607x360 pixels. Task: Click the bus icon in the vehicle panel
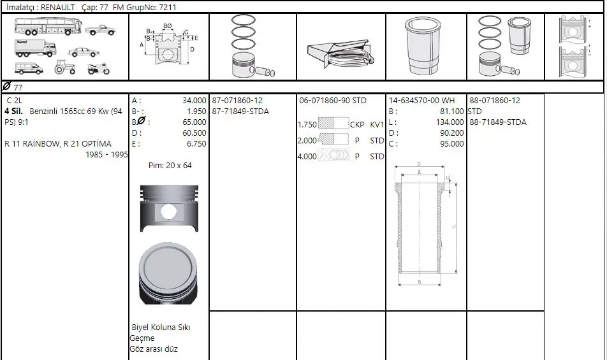click(x=48, y=27)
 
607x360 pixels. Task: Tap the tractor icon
click(x=64, y=68)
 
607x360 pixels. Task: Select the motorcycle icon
click(x=99, y=69)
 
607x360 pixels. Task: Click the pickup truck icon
click(x=100, y=30)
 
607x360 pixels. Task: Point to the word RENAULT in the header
click(x=57, y=7)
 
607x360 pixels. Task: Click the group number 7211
click(x=168, y=7)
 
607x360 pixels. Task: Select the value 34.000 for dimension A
click(x=194, y=101)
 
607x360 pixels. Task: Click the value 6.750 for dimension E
click(x=196, y=144)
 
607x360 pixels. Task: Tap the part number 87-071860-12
click(x=237, y=101)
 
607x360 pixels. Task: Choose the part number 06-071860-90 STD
click(x=333, y=101)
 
